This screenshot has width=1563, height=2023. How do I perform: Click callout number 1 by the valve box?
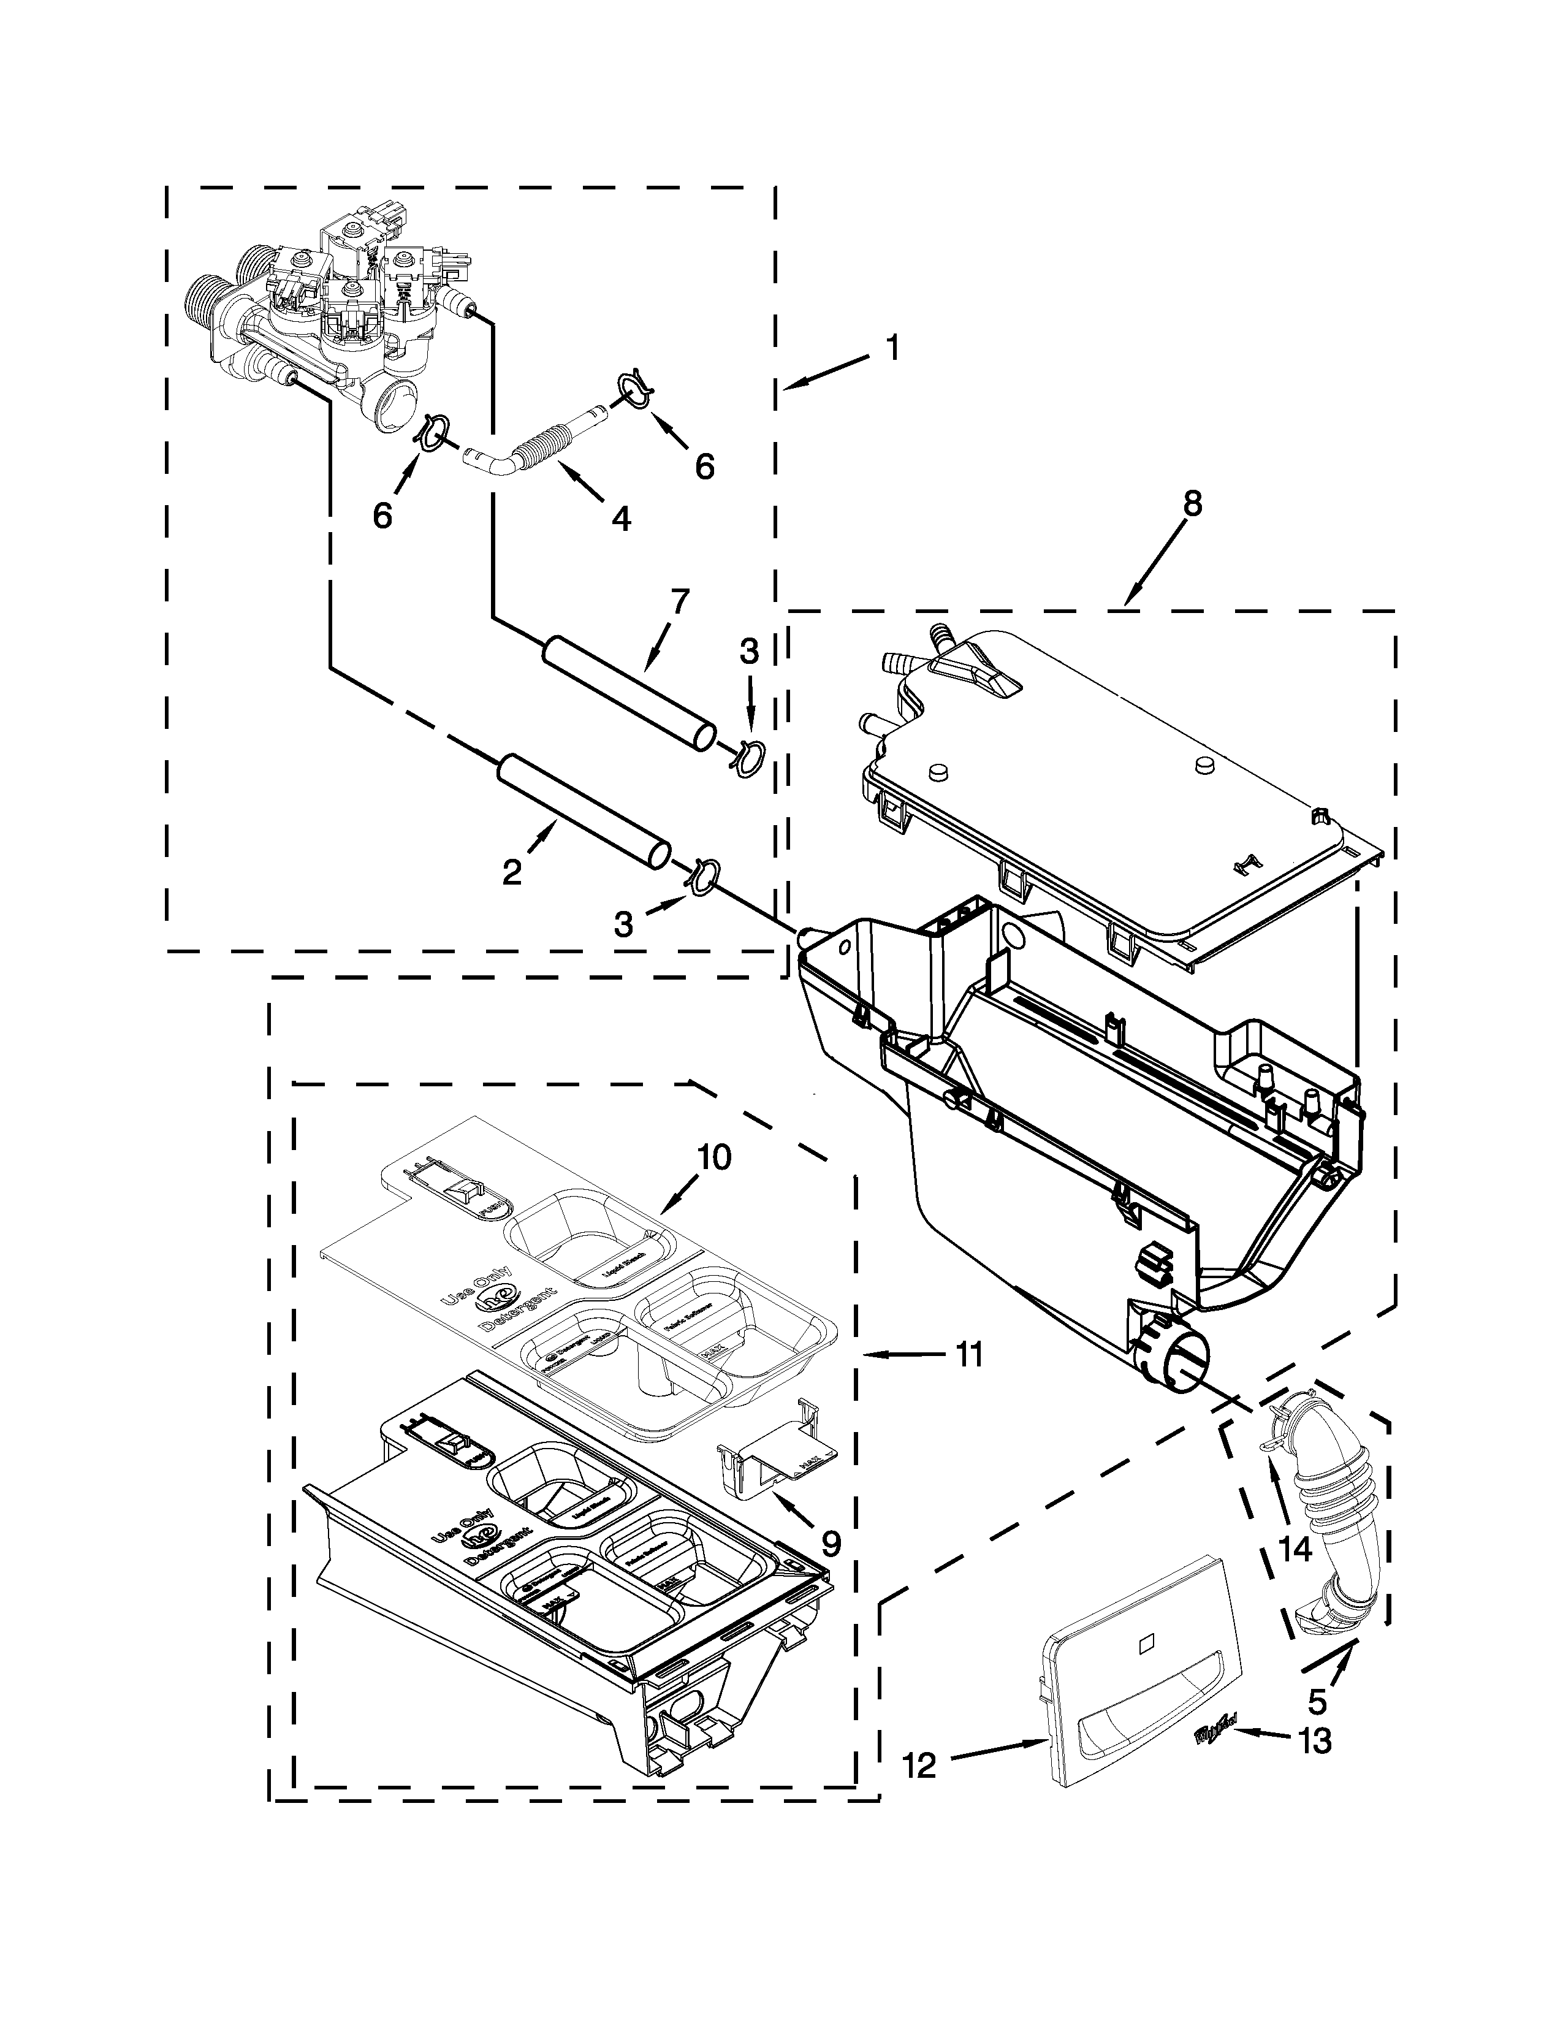892,350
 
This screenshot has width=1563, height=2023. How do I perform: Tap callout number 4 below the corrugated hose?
622,518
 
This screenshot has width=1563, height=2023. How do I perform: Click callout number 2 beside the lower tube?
512,872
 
